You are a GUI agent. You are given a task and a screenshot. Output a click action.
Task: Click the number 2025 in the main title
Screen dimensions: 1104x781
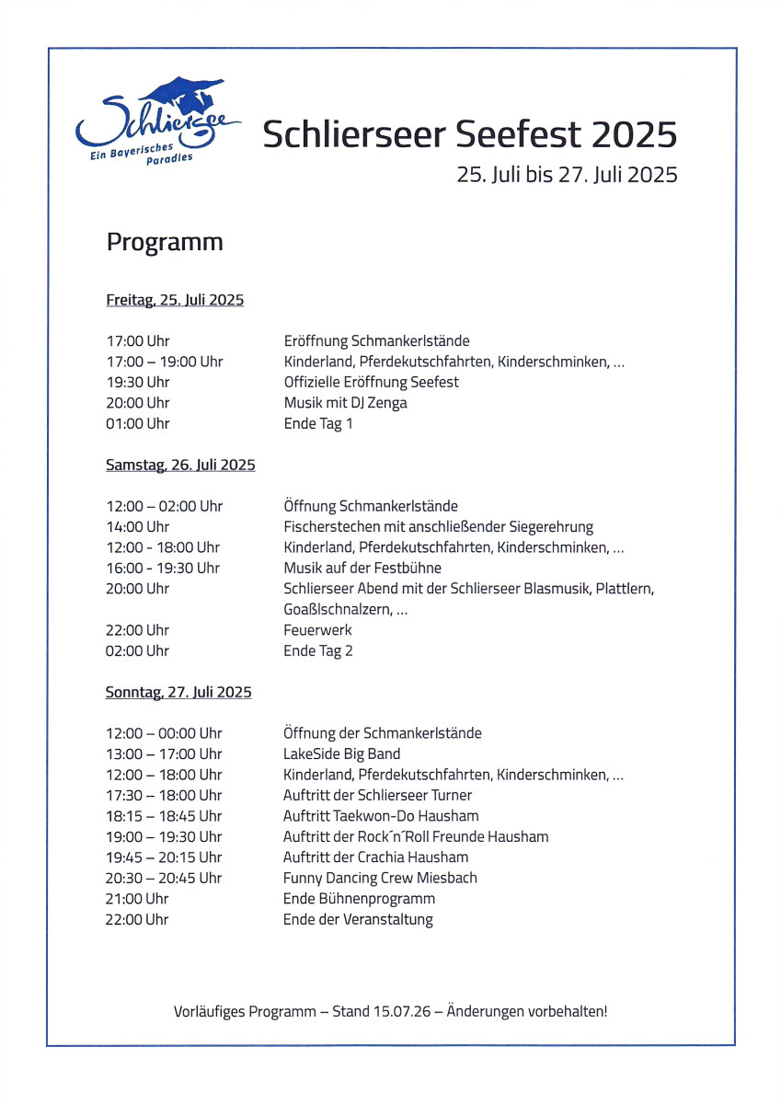coord(634,135)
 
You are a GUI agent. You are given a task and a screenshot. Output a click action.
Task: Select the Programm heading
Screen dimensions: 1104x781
coord(165,242)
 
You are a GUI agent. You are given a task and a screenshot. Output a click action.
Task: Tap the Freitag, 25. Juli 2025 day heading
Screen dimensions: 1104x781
coord(175,300)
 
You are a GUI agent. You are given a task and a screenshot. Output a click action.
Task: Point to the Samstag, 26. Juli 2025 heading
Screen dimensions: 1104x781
coord(180,466)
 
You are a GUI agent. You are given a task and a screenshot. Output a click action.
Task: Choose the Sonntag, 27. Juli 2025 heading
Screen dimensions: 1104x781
coord(178,692)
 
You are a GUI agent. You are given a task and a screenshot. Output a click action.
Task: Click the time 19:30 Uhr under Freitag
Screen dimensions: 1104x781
coord(138,382)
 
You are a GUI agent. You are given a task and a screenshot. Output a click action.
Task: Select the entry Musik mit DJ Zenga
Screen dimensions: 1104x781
coord(345,403)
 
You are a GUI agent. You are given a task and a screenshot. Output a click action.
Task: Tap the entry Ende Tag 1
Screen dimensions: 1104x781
coord(317,424)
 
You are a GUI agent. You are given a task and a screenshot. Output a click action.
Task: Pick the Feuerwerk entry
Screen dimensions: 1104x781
coord(317,630)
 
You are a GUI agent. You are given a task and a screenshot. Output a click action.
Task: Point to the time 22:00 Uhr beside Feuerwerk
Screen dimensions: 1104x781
coord(138,630)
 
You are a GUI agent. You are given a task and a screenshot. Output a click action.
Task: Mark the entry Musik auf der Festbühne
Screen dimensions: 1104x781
coord(362,569)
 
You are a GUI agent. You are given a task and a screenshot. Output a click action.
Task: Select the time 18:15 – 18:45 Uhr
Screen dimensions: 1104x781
coord(164,816)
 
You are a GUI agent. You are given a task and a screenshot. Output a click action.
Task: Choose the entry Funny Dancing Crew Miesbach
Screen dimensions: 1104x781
coord(380,878)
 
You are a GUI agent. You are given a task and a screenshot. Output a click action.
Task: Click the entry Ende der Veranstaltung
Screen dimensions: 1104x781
coord(358,919)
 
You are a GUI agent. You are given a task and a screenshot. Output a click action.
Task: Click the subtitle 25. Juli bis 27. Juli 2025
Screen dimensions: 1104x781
coord(567,175)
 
